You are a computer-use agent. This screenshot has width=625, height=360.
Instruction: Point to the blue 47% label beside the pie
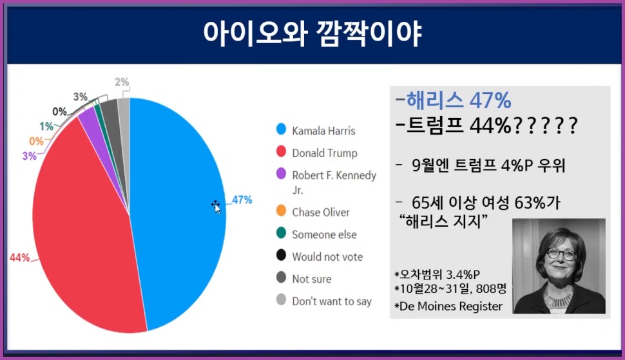[242, 200]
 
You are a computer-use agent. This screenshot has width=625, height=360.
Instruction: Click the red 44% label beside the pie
[19, 258]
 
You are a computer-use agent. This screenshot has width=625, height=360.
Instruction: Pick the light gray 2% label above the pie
[122, 82]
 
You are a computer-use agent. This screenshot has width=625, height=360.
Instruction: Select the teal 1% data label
[46, 126]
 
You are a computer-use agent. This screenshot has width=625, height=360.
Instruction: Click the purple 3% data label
[29, 156]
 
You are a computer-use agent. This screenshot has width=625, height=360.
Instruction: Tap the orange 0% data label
[36, 141]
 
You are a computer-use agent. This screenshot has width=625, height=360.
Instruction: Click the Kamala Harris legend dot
[280, 131]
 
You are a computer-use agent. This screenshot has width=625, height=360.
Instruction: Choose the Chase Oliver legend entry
[321, 212]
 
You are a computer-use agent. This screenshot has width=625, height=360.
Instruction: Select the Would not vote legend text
[327, 256]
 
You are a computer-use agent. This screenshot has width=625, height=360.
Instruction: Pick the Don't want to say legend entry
[331, 301]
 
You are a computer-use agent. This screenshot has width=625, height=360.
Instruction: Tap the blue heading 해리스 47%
[456, 100]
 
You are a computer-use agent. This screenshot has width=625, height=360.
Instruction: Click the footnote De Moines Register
[450, 307]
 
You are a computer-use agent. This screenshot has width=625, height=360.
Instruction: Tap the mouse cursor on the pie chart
[216, 206]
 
